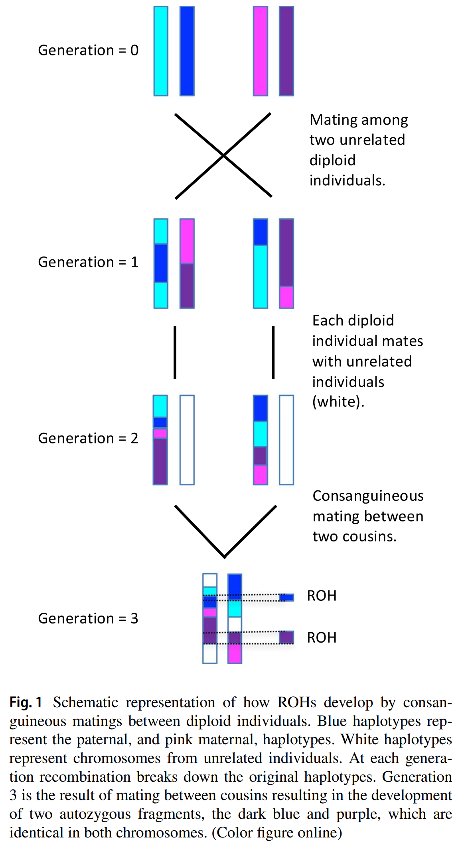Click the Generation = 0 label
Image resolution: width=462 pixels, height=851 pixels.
(x=88, y=51)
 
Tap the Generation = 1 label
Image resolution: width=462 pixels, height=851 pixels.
(x=88, y=262)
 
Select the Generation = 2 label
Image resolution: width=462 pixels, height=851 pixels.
(x=88, y=438)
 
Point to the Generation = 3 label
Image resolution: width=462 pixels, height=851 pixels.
(x=88, y=618)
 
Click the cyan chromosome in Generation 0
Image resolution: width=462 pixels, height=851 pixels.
(x=161, y=51)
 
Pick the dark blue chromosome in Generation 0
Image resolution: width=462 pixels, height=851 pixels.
(x=187, y=51)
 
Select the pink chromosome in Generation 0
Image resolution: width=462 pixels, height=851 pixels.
(x=260, y=51)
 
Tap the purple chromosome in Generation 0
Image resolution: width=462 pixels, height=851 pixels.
(x=286, y=51)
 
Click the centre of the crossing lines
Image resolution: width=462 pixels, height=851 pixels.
(x=224, y=155)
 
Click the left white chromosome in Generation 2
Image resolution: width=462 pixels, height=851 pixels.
(x=187, y=440)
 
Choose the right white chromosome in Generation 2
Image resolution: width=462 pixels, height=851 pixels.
(x=286, y=440)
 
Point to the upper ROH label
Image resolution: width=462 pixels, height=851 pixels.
(x=322, y=596)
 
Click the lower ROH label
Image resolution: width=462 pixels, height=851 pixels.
(x=322, y=638)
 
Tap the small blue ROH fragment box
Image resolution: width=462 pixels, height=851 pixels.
(x=286, y=597)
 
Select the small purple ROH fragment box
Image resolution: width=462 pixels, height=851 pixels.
(x=286, y=637)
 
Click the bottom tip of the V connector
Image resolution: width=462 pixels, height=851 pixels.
(x=225, y=557)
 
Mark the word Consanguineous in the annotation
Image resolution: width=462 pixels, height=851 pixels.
(x=368, y=496)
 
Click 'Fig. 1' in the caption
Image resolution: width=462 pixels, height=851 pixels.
(x=26, y=702)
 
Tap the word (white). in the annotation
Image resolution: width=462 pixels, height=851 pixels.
(x=338, y=402)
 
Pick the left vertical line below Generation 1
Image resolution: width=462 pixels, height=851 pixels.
(x=175, y=352)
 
